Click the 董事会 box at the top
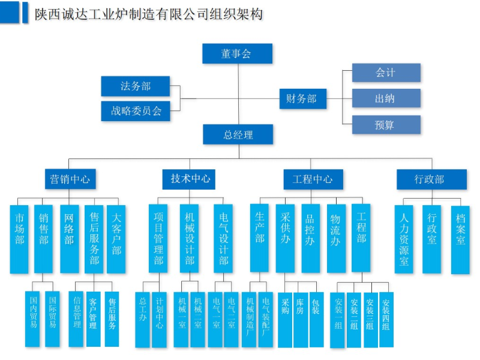click(237, 53)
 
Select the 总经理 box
click(238, 134)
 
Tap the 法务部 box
click(135, 86)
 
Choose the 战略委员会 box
click(136, 110)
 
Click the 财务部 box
click(302, 98)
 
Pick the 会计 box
click(386, 73)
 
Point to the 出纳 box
click(386, 98)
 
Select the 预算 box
click(386, 124)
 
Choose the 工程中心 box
click(313, 179)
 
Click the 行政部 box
click(431, 179)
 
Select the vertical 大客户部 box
click(116, 239)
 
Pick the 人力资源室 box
click(403, 239)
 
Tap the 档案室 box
click(460, 239)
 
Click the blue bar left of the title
click(25, 13)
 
